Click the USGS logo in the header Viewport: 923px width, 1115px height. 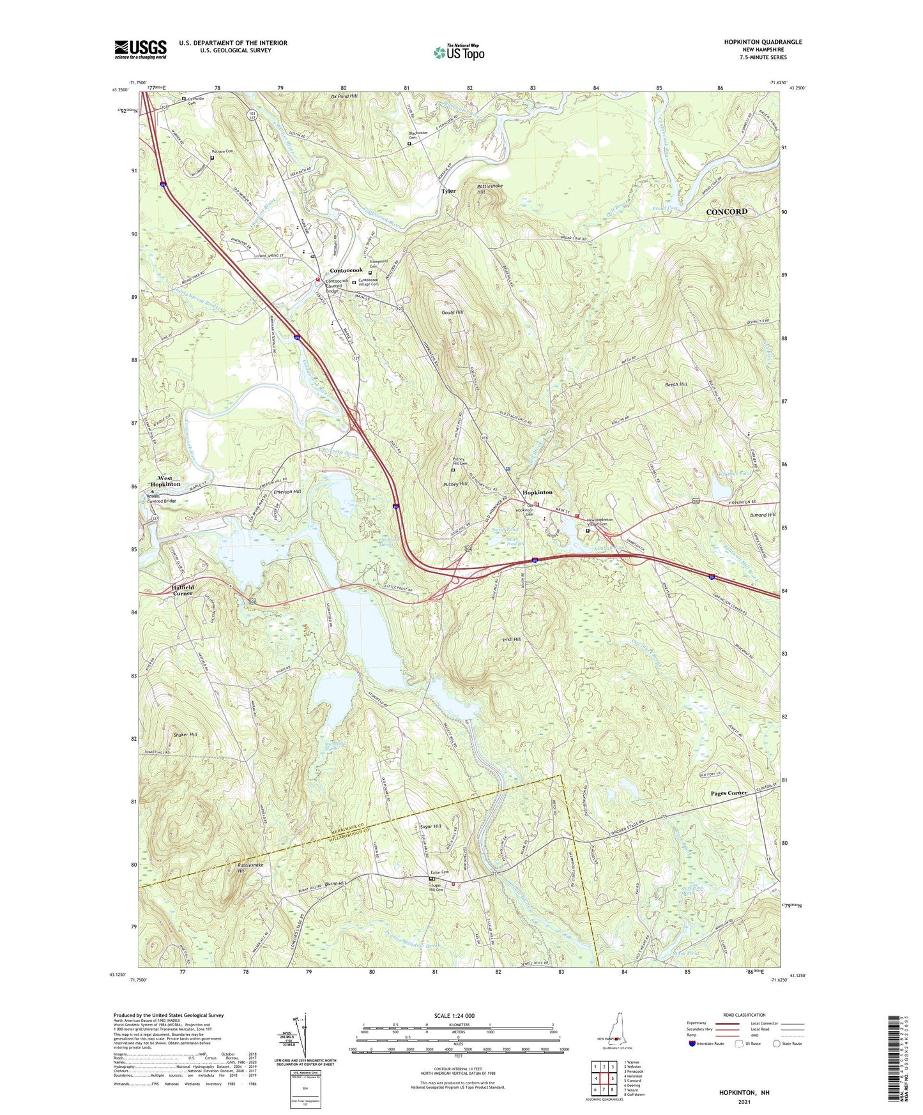[141, 49]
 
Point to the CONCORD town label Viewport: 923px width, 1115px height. [726, 211]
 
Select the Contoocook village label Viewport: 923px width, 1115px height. [346, 270]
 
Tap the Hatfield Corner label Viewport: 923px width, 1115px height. [182, 589]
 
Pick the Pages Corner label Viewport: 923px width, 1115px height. [729, 793]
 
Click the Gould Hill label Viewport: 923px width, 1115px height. [452, 312]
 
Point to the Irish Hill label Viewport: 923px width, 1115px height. [512, 639]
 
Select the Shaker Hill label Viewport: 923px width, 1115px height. [185, 734]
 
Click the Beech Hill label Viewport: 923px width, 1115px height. [676, 384]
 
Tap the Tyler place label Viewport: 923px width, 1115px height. [448, 191]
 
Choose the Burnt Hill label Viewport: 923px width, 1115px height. [335, 884]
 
